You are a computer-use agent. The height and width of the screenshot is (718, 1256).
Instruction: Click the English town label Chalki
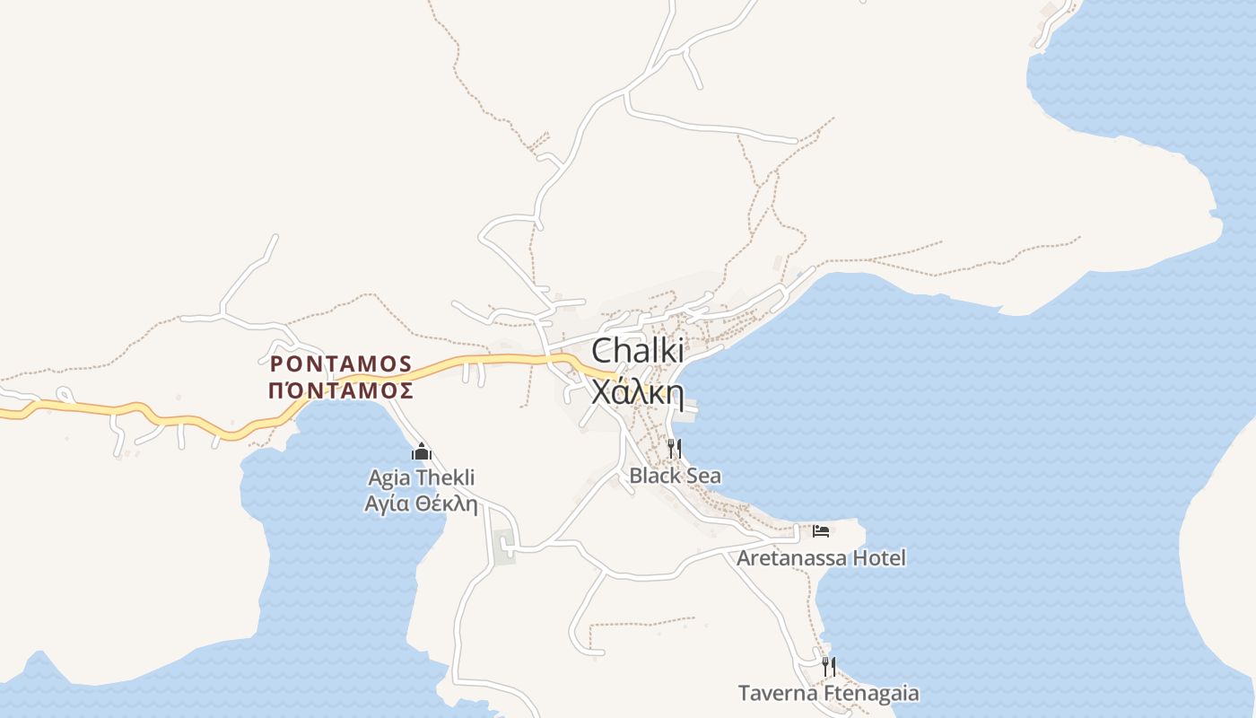[637, 351]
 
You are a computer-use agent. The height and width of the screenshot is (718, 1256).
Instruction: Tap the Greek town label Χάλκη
[637, 392]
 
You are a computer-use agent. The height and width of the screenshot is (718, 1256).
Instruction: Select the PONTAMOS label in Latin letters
[341, 363]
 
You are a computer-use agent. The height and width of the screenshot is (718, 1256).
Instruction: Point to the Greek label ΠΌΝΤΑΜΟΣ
[341, 390]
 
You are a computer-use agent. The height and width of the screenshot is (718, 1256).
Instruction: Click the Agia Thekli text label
[421, 477]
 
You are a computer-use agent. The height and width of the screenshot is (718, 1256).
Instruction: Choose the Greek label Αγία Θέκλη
[421, 503]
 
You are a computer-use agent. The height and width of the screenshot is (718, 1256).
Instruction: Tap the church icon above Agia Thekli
[421, 451]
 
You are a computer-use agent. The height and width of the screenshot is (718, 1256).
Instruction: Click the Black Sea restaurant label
[675, 476]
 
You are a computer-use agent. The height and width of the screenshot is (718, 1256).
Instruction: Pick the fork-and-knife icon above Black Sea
[675, 449]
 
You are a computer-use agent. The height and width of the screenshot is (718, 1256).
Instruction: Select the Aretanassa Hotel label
[821, 558]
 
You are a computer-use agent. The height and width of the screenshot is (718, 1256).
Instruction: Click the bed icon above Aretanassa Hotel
[821, 531]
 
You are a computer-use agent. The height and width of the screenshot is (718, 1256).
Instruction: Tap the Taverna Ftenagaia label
[828, 693]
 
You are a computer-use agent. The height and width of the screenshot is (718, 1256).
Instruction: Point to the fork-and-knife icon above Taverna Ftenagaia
[829, 667]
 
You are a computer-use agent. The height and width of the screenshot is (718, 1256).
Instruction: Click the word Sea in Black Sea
[703, 476]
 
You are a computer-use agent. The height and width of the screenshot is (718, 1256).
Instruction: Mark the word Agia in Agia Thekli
[388, 478]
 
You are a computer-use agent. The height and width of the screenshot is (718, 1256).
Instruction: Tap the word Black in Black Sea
[655, 476]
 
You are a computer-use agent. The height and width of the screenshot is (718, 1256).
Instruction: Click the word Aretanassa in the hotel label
[790, 558]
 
